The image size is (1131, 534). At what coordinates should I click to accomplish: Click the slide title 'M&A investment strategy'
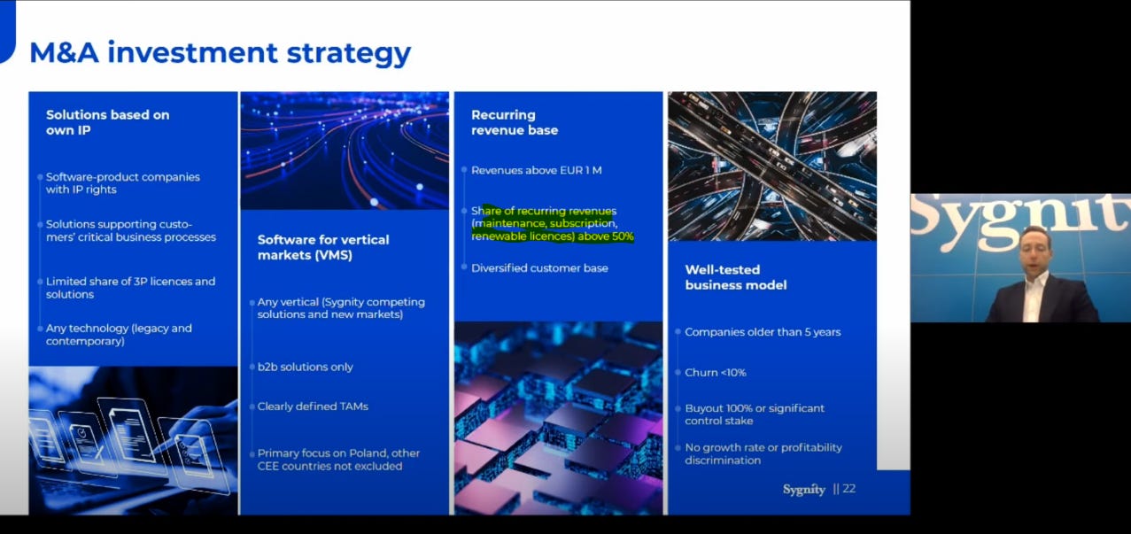coord(220,52)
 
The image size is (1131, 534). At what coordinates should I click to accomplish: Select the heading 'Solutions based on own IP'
coord(107,122)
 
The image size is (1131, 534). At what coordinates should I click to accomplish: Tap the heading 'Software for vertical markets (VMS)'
coord(323,247)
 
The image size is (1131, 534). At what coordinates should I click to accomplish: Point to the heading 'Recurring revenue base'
coord(515,122)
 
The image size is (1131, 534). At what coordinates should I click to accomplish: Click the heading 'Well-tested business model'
coord(735,277)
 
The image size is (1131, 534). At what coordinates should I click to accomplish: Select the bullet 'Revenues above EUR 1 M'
coord(537,170)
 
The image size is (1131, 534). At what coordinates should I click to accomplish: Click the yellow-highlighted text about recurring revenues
coord(552,224)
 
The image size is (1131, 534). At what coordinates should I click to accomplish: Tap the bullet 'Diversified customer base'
coord(539,267)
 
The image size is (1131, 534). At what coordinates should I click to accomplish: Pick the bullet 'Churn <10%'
coord(716,373)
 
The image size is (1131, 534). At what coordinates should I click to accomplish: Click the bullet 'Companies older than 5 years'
coord(763,332)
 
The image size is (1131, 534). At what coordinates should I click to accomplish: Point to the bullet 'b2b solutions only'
coord(306,367)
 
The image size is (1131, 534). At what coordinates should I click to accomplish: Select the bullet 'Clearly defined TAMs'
coord(313,406)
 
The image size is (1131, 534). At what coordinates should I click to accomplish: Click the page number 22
coord(848,489)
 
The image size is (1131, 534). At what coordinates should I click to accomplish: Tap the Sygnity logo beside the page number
coord(803,490)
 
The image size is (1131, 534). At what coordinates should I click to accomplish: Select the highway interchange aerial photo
coord(772,166)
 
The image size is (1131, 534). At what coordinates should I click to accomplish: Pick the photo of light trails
coord(345,151)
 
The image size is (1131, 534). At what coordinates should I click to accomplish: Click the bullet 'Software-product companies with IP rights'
coord(123,183)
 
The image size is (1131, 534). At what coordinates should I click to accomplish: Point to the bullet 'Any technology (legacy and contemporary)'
coord(119,335)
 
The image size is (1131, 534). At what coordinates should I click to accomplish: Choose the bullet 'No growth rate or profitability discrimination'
coord(763,454)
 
